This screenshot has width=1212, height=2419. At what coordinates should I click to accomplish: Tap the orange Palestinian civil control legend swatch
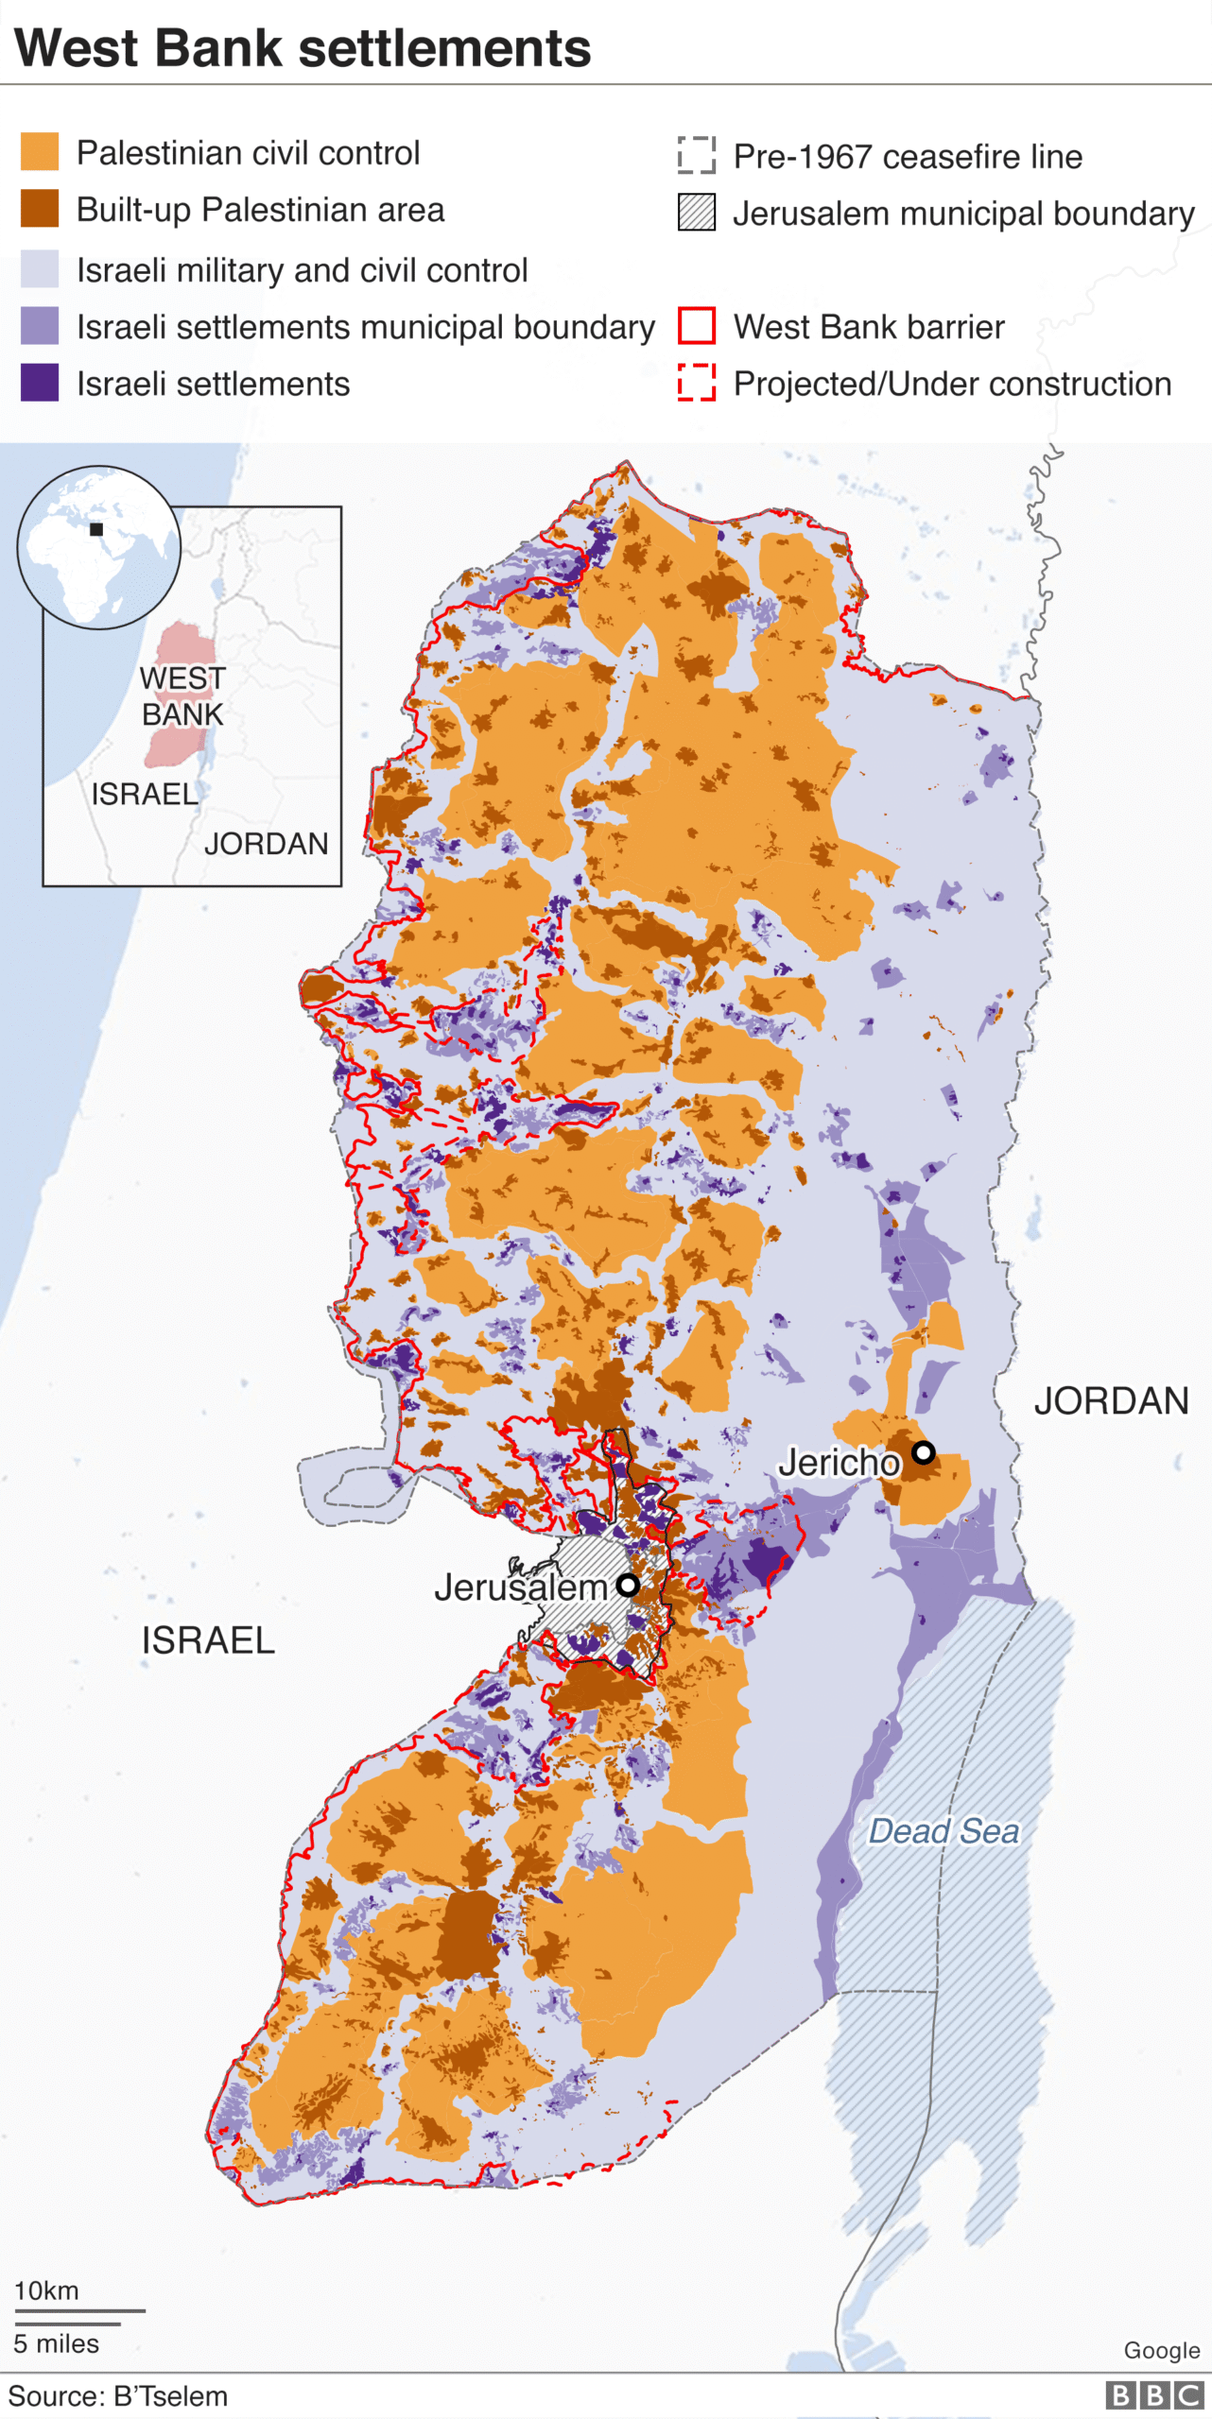40,152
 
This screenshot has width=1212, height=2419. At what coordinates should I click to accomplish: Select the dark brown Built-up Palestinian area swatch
40,209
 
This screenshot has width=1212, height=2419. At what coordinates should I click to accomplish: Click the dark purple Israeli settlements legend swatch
40,383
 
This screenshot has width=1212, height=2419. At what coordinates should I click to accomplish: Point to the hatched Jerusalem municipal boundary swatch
697,213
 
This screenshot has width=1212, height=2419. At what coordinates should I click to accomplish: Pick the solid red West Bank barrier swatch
697,326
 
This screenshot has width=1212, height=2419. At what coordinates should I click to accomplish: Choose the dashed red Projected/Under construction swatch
697,383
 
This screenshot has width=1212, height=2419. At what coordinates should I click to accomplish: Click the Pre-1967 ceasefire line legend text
908,156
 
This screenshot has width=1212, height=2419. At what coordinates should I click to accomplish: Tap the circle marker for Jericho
924,1452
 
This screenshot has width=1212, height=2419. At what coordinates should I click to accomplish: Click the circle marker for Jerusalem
628,1586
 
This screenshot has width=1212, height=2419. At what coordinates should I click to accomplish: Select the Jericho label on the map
839,1463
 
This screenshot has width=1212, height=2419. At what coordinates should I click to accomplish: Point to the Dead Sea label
944,1831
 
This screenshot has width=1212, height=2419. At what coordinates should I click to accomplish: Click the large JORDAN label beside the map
1111,1400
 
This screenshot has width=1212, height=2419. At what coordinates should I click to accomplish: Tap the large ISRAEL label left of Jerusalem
208,1640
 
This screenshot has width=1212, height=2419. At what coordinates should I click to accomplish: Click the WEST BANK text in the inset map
182,696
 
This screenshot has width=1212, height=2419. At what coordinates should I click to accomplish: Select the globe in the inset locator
98,547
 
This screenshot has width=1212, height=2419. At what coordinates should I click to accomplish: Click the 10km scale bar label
46,2290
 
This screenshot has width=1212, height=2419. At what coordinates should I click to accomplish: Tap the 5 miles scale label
56,2343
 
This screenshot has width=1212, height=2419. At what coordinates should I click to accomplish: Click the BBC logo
1153,2395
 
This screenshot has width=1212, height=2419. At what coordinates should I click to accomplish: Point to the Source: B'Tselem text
118,2396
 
